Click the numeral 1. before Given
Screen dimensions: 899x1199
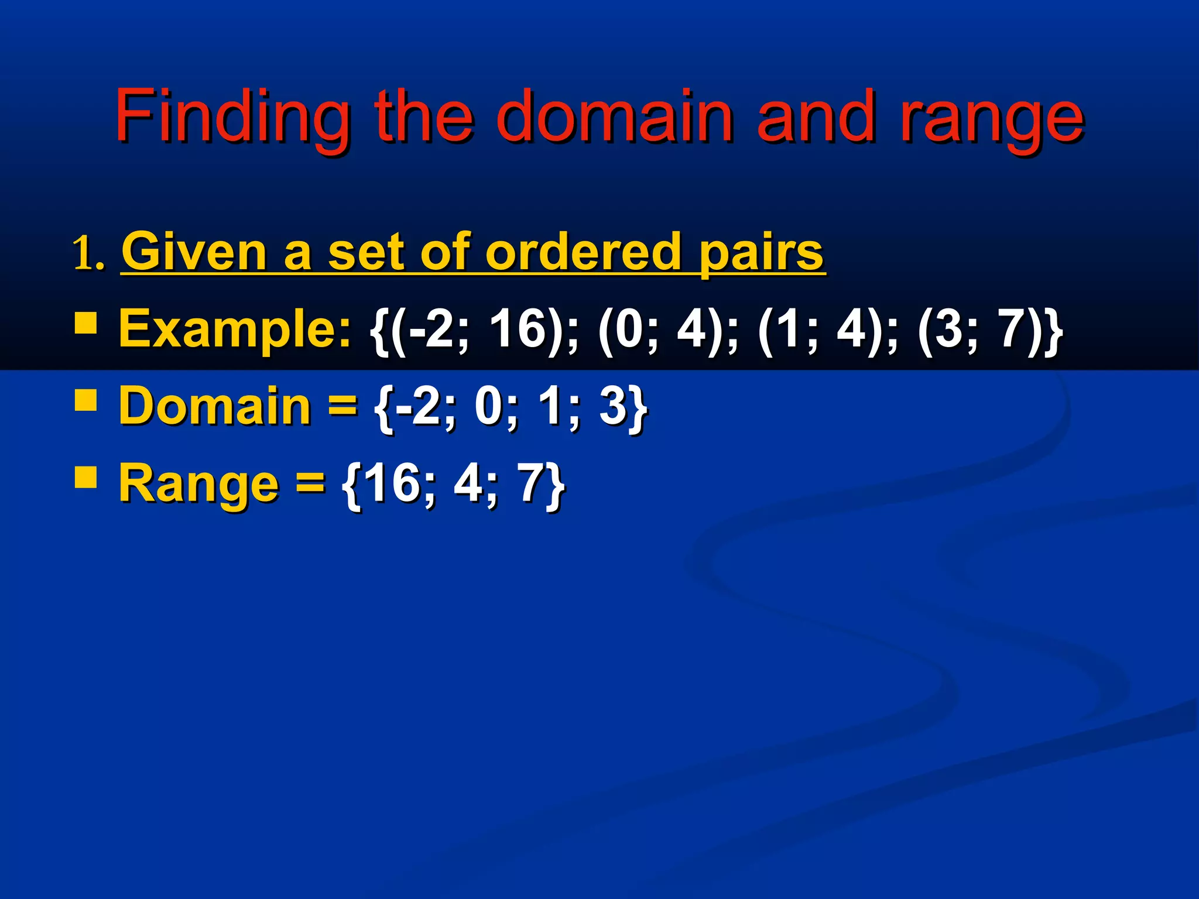click(x=89, y=255)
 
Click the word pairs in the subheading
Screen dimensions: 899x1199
click(x=761, y=253)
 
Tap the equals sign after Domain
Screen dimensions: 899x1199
click(x=342, y=406)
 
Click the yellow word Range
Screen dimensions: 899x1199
click(x=199, y=483)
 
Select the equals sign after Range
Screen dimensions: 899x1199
click(x=310, y=483)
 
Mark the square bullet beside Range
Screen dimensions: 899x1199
click(x=86, y=476)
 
